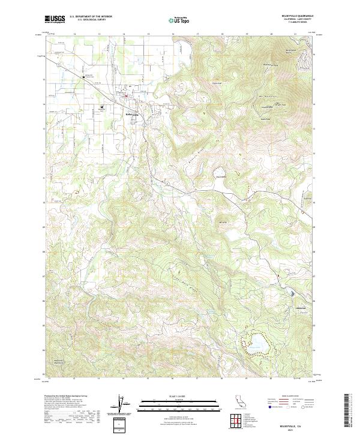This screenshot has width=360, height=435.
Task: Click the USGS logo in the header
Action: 55,20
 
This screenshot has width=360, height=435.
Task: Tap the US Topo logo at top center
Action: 179,20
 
